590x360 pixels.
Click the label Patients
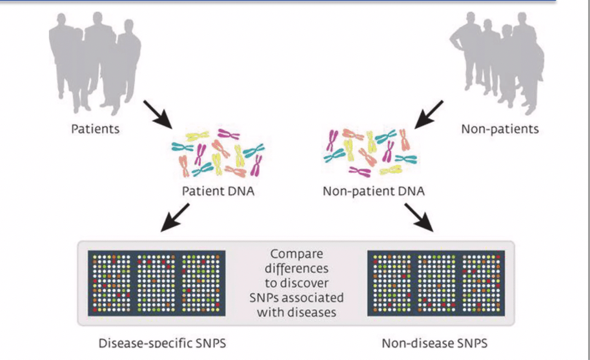95,128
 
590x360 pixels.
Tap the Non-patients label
500,129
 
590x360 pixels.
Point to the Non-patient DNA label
374,191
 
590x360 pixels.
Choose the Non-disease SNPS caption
434,343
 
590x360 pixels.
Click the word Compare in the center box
296,254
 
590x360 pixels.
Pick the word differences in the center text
296,268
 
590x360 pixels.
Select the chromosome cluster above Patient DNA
217,154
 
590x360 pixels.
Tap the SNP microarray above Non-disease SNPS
434,283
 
